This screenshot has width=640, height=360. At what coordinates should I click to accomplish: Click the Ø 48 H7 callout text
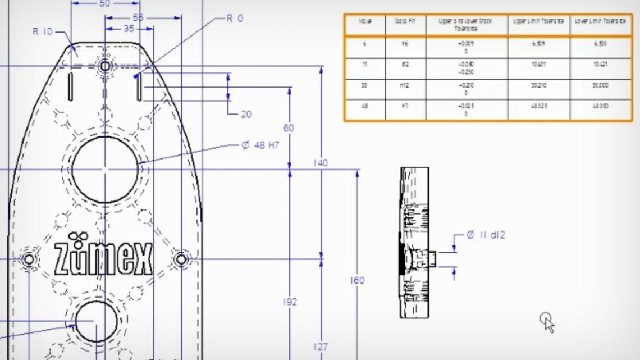click(x=260, y=145)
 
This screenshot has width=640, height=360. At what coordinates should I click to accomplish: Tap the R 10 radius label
click(x=42, y=31)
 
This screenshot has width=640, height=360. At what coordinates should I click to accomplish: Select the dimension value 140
click(x=321, y=163)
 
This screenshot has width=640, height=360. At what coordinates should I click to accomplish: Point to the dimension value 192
click(x=289, y=302)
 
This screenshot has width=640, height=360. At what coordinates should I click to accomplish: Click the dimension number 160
click(x=356, y=280)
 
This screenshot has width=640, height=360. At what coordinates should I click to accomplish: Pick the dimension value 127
click(x=321, y=347)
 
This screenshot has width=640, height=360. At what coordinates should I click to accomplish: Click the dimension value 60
click(x=289, y=128)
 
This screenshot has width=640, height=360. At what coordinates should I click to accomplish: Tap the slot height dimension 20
click(x=246, y=114)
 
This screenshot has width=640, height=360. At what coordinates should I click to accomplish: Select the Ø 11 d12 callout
click(x=486, y=235)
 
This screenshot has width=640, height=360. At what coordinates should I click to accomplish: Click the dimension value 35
click(x=129, y=29)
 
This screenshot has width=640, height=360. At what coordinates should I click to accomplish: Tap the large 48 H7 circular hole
click(x=105, y=169)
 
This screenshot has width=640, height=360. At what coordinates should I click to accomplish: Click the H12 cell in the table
click(x=405, y=85)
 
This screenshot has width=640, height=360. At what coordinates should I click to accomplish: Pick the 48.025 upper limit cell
click(x=538, y=106)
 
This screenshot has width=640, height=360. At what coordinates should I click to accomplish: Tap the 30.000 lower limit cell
click(x=600, y=85)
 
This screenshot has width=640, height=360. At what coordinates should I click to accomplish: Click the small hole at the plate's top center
click(x=105, y=66)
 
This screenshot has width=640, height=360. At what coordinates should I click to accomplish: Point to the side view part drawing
click(x=414, y=243)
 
